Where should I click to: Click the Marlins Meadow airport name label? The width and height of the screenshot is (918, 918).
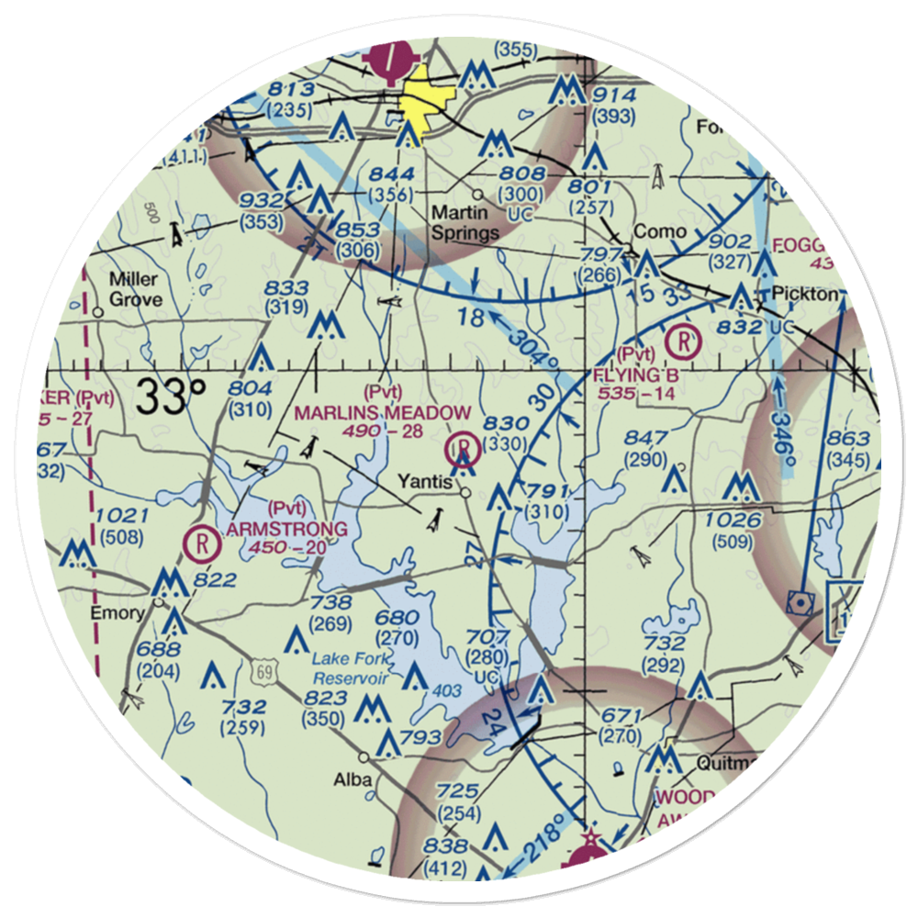coord(383,413)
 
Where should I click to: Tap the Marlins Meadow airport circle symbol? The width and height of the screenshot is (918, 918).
coord(465,450)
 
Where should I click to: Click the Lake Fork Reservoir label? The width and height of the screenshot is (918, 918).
coord(352,668)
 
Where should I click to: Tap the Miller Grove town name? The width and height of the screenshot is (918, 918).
coord(135,289)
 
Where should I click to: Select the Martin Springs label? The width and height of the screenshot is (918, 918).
coord(465,223)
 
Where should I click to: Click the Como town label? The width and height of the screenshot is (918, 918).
coord(660,230)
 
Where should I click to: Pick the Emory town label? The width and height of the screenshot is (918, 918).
coord(116,613)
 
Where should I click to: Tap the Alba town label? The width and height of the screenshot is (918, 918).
coord(353,779)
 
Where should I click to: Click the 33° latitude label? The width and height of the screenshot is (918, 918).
coord(172,397)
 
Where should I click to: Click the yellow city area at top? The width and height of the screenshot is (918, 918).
coord(420,101)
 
